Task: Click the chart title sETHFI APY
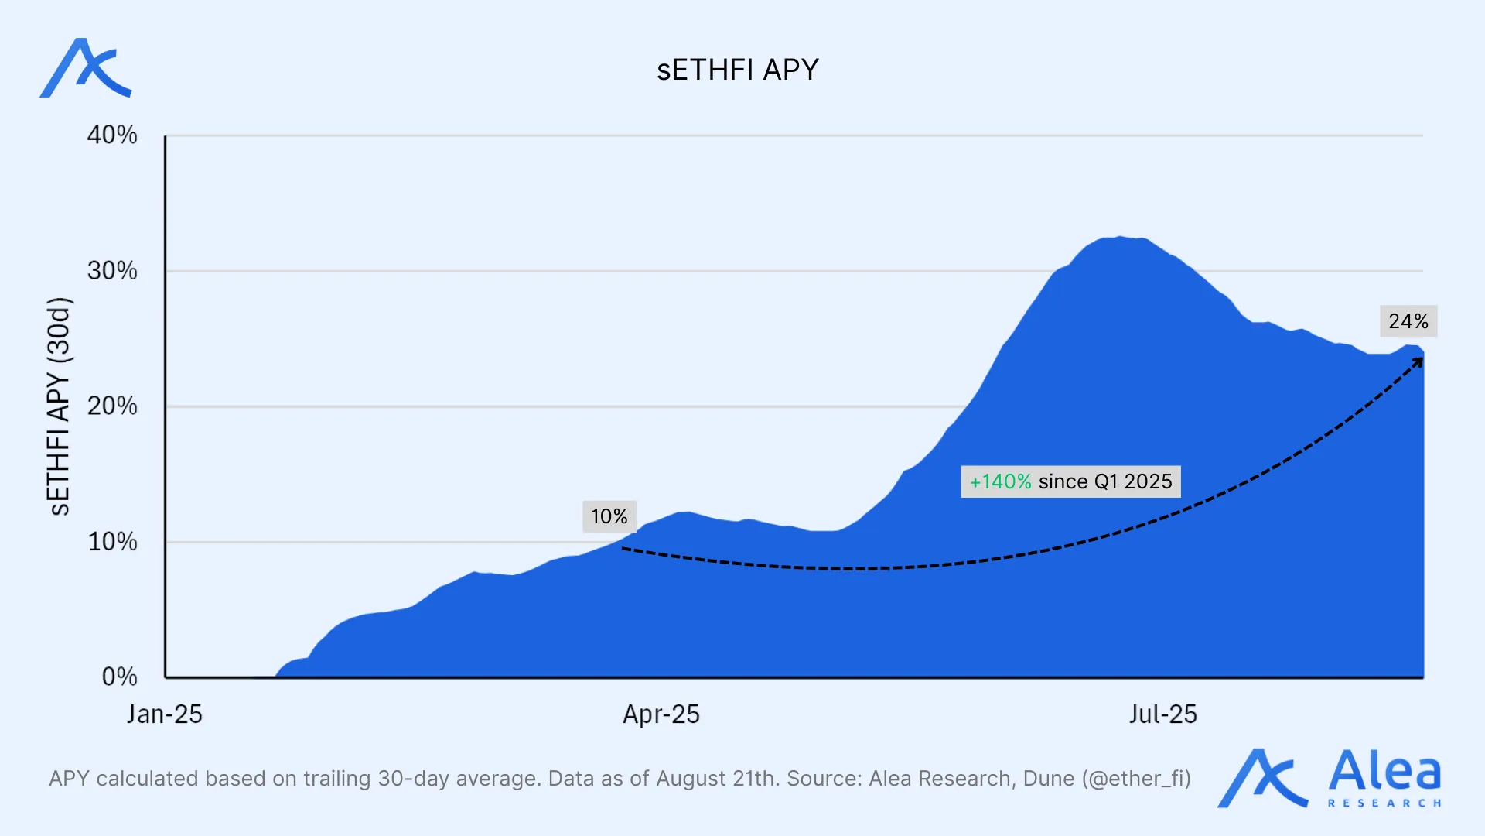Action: coord(737,70)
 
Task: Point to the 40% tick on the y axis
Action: coord(112,135)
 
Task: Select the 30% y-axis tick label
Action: coord(112,271)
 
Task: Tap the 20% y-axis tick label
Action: coord(112,406)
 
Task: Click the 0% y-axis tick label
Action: coord(120,677)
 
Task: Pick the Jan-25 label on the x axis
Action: coord(164,714)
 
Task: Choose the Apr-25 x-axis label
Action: coord(661,714)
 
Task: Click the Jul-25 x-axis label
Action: coord(1162,714)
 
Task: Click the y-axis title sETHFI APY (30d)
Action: coord(59,406)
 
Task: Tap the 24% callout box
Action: coord(1408,321)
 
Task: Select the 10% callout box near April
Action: coord(609,516)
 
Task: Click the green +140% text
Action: coord(1001,481)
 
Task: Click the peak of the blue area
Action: coord(1119,238)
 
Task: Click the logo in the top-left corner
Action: coord(86,69)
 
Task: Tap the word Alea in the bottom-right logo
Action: coord(1384,771)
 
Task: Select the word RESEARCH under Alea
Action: coord(1384,803)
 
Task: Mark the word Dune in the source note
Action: coord(1049,779)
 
